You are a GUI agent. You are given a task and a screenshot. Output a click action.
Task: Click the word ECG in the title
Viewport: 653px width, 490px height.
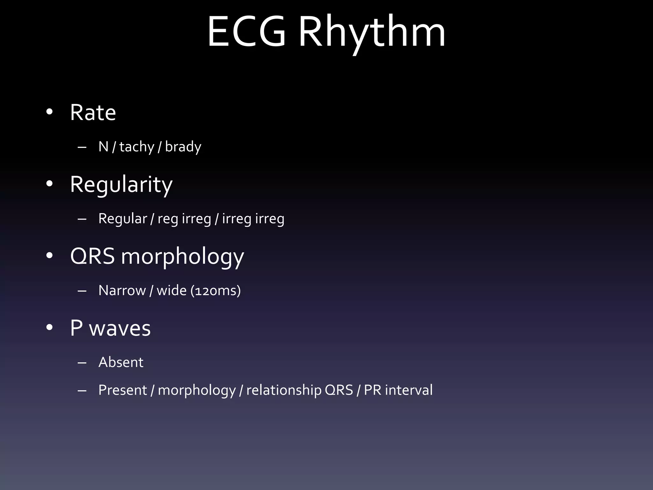(246, 32)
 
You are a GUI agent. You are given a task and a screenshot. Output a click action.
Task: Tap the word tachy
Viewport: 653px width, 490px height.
(137, 147)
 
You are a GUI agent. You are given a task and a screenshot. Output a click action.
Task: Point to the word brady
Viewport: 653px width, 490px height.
(183, 147)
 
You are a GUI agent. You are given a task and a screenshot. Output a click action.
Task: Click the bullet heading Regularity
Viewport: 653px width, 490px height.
(121, 185)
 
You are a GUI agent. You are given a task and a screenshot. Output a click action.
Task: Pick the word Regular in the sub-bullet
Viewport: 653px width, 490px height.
(123, 219)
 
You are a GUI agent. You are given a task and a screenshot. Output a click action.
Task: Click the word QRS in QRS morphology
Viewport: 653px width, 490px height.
(92, 256)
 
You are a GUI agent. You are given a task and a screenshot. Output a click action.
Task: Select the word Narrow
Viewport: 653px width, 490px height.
(122, 291)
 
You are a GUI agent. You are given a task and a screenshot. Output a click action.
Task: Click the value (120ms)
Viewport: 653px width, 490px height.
(216, 291)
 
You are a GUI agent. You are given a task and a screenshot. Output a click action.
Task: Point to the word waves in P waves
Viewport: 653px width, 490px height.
(120, 328)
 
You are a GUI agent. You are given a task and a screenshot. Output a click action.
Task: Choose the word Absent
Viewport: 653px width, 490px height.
(121, 362)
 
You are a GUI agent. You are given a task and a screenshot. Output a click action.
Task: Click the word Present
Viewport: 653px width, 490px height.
(123, 390)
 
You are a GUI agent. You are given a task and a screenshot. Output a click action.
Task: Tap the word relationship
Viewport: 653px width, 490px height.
(284, 390)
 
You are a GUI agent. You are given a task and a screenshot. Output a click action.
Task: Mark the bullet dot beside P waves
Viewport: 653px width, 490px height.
(49, 328)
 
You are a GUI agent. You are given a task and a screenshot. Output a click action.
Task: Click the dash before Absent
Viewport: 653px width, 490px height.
(82, 363)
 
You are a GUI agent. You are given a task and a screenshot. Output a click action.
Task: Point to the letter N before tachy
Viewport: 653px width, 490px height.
(104, 147)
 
